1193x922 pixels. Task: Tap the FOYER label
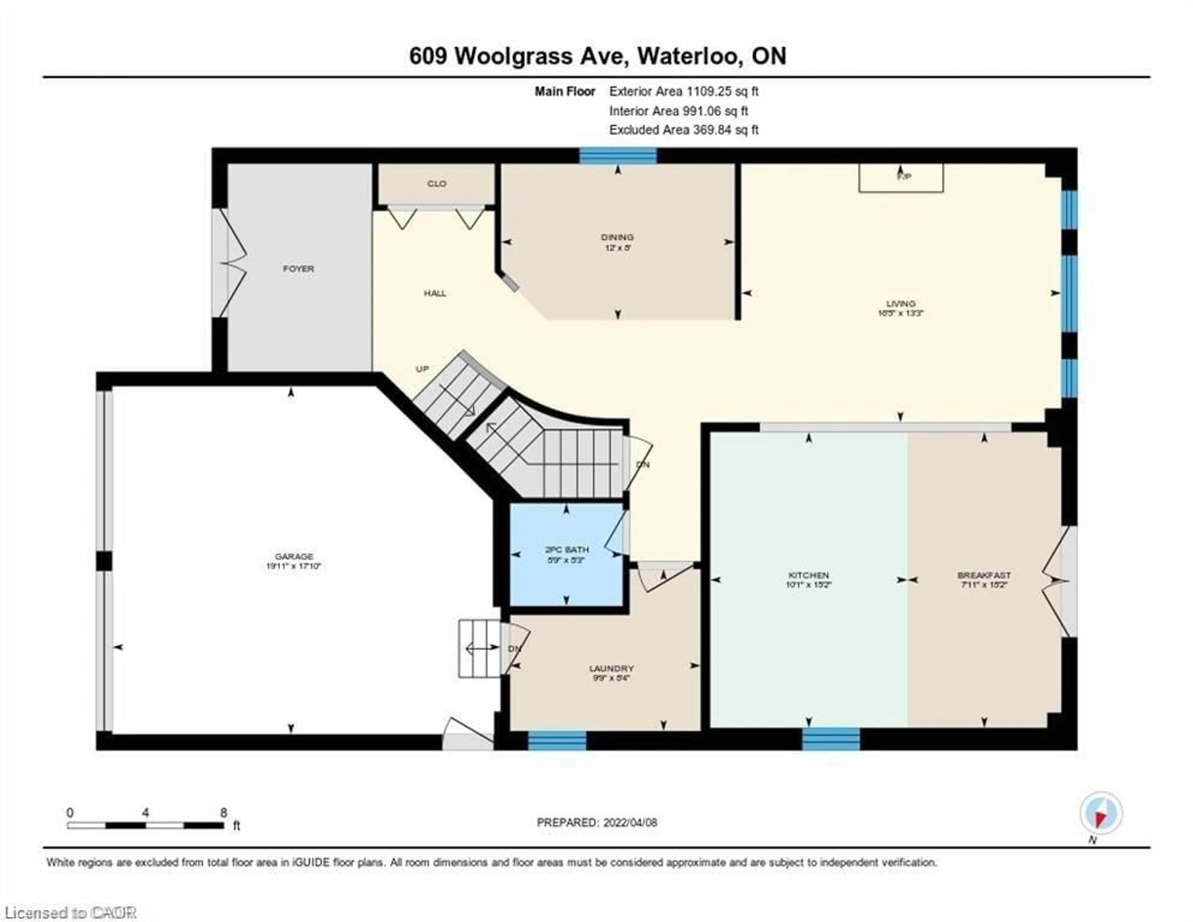[298, 269]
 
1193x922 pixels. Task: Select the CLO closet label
[437, 184]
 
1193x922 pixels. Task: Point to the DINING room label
[617, 237]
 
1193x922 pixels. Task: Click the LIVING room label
[901, 303]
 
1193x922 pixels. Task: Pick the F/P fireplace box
[901, 178]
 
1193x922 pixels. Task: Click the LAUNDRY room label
[611, 668]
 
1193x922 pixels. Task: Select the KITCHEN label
[808, 576]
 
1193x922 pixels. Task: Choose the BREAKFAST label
[984, 576]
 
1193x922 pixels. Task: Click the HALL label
[435, 293]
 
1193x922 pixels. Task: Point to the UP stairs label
[422, 369]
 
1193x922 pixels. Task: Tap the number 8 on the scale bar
[223, 813]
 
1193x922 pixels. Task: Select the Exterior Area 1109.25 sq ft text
[683, 91]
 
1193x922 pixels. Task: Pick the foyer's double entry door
[228, 263]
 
